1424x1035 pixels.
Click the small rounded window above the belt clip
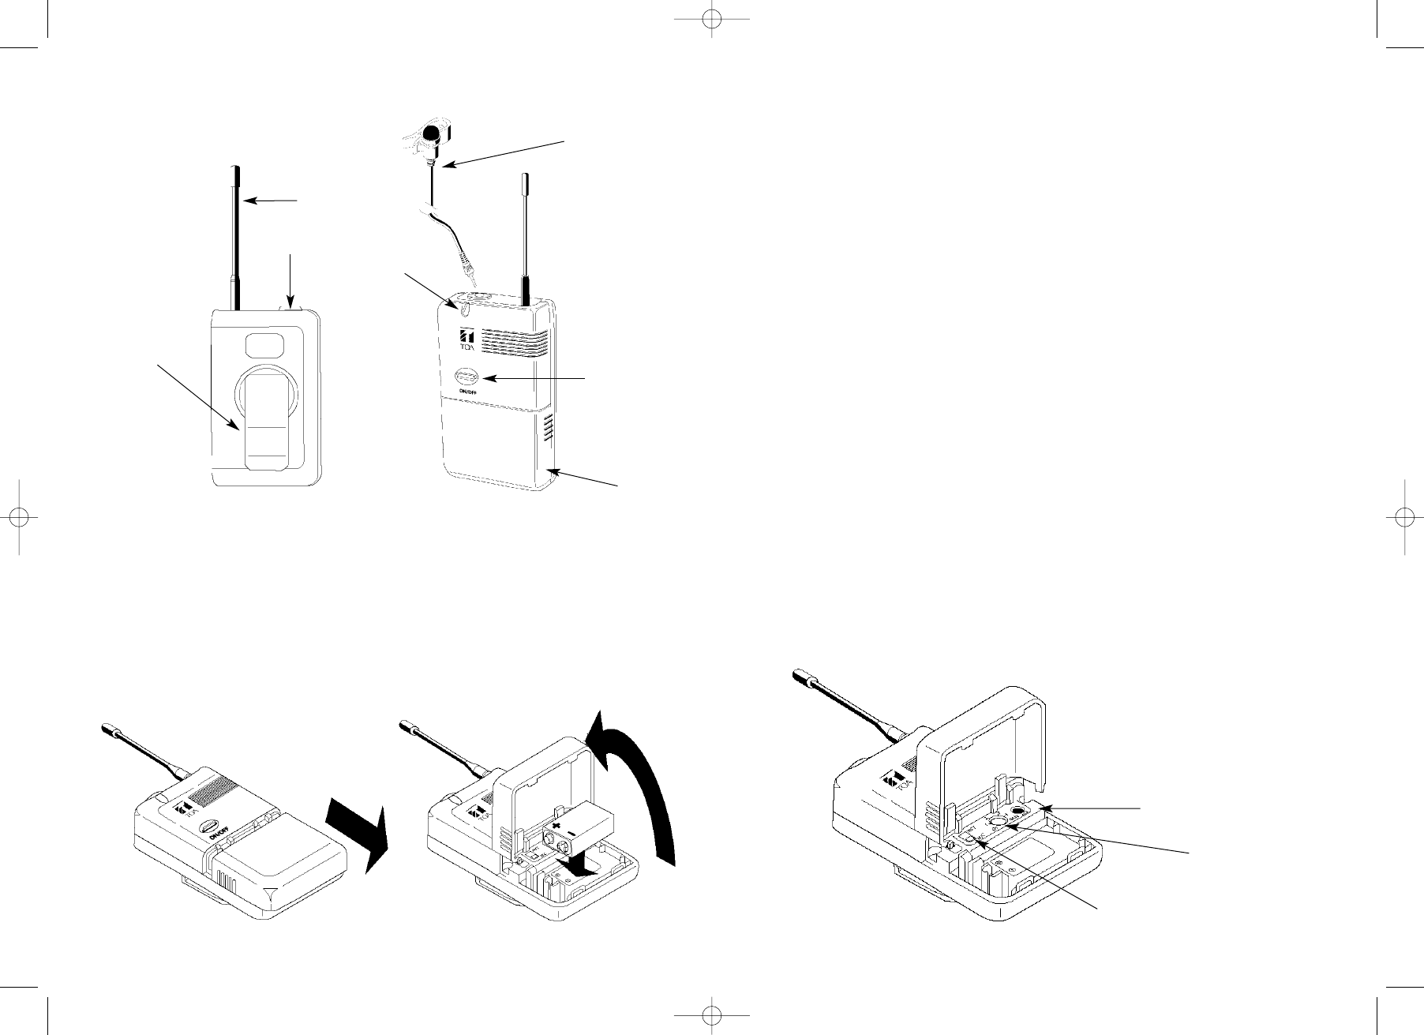pos(265,345)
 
